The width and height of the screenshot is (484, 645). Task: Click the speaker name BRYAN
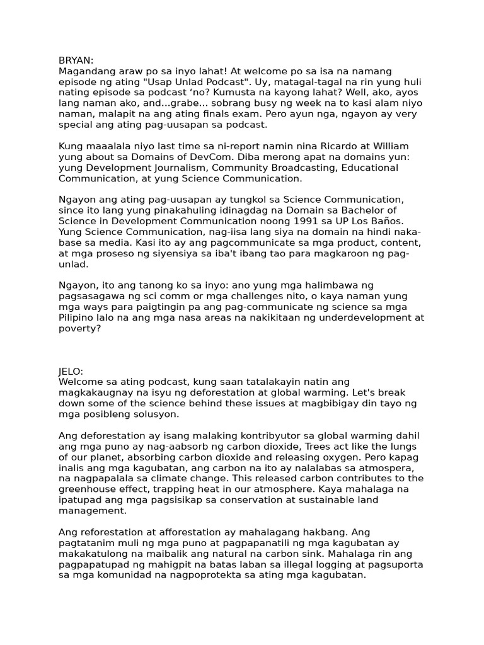click(75, 60)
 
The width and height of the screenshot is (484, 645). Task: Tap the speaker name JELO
click(71, 372)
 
